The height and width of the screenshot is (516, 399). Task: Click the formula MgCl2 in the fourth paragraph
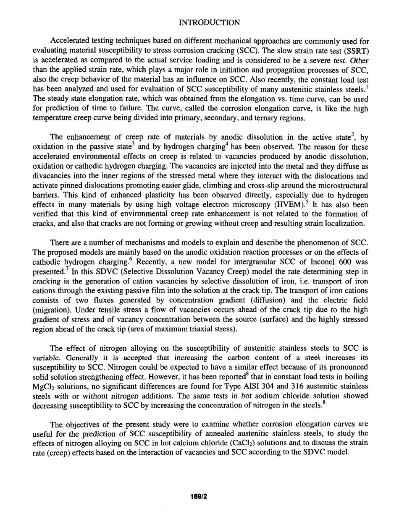point(44,386)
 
